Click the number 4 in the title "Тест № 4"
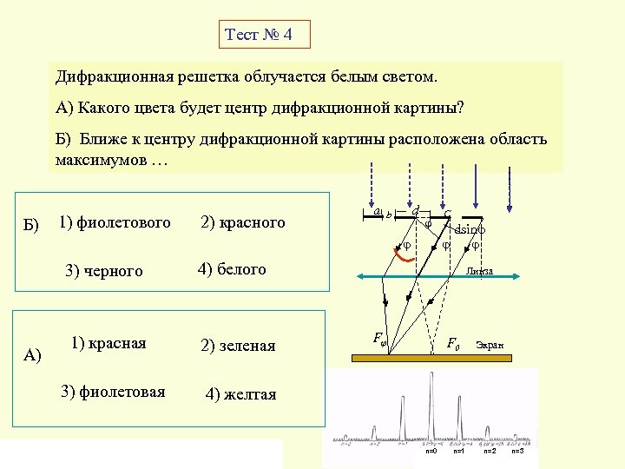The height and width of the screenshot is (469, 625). coord(288,36)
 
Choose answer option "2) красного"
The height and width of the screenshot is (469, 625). coord(242,223)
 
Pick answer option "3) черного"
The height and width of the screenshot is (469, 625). coord(104,271)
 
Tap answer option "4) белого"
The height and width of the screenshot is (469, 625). coord(232,269)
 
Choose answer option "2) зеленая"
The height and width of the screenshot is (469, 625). coord(238,346)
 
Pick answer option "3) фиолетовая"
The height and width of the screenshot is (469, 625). coord(113,391)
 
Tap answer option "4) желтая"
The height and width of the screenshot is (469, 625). coord(240,394)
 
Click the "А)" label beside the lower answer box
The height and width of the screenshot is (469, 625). coord(33,354)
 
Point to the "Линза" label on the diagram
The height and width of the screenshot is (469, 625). coord(478,271)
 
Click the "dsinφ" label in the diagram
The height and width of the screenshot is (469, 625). coord(470,230)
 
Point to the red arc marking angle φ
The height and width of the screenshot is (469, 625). coord(399,254)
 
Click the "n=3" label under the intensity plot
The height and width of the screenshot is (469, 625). coord(517,452)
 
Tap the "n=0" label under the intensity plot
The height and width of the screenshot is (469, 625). coord(431,452)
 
